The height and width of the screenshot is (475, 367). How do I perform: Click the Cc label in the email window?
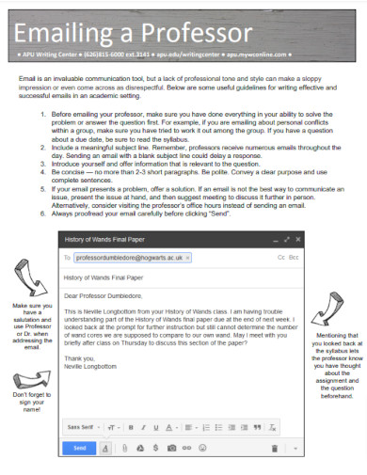tap(281, 257)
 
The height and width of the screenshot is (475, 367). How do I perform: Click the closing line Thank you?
tap(78, 358)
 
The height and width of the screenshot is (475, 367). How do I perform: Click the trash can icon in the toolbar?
tap(274, 449)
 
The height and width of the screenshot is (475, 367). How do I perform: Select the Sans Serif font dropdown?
tap(82, 426)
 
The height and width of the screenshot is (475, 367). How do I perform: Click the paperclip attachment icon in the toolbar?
tap(124, 449)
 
